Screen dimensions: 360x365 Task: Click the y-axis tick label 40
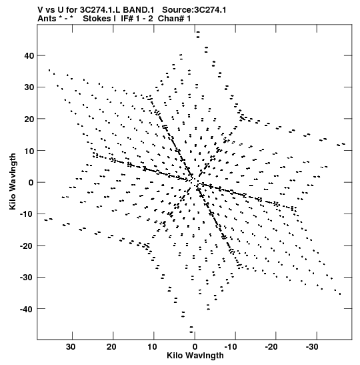pyautogui.click(x=29, y=56)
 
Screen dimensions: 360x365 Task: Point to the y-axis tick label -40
pyautogui.click(x=27, y=309)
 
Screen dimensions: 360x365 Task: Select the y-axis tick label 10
pyautogui.click(x=29, y=151)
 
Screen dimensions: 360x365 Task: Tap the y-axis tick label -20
pyautogui.click(x=27, y=246)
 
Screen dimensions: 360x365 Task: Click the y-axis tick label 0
pyautogui.click(x=31, y=183)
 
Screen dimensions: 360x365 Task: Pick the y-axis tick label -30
pyautogui.click(x=27, y=278)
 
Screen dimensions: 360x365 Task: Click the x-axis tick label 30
pyautogui.click(x=71, y=347)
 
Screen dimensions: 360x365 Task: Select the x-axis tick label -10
pyautogui.click(x=231, y=347)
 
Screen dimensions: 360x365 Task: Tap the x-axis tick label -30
pyautogui.click(x=312, y=347)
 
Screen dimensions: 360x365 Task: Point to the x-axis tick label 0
pyautogui.click(x=195, y=347)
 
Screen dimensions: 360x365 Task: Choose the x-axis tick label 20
pyautogui.click(x=111, y=347)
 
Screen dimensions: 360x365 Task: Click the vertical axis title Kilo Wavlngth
pyautogui.click(x=13, y=181)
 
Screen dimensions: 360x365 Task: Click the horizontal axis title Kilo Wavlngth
pyautogui.click(x=195, y=356)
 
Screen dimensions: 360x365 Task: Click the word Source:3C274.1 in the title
pyautogui.click(x=194, y=10)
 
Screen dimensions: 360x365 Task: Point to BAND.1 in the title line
pyautogui.click(x=139, y=10)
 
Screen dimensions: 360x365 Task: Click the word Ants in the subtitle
pyautogui.click(x=47, y=19)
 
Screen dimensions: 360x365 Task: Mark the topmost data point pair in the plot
pyautogui.click(x=198, y=35)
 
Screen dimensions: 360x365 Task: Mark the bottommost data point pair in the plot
pyautogui.click(x=191, y=330)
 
